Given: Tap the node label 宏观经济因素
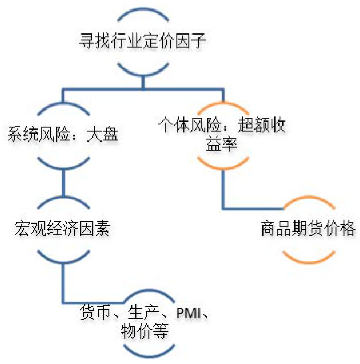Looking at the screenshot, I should [x=63, y=230].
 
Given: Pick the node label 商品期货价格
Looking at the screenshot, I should [x=308, y=230].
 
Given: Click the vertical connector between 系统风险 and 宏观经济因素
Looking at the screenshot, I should [x=63, y=182].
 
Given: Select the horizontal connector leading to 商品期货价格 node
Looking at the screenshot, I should [x=253, y=208].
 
